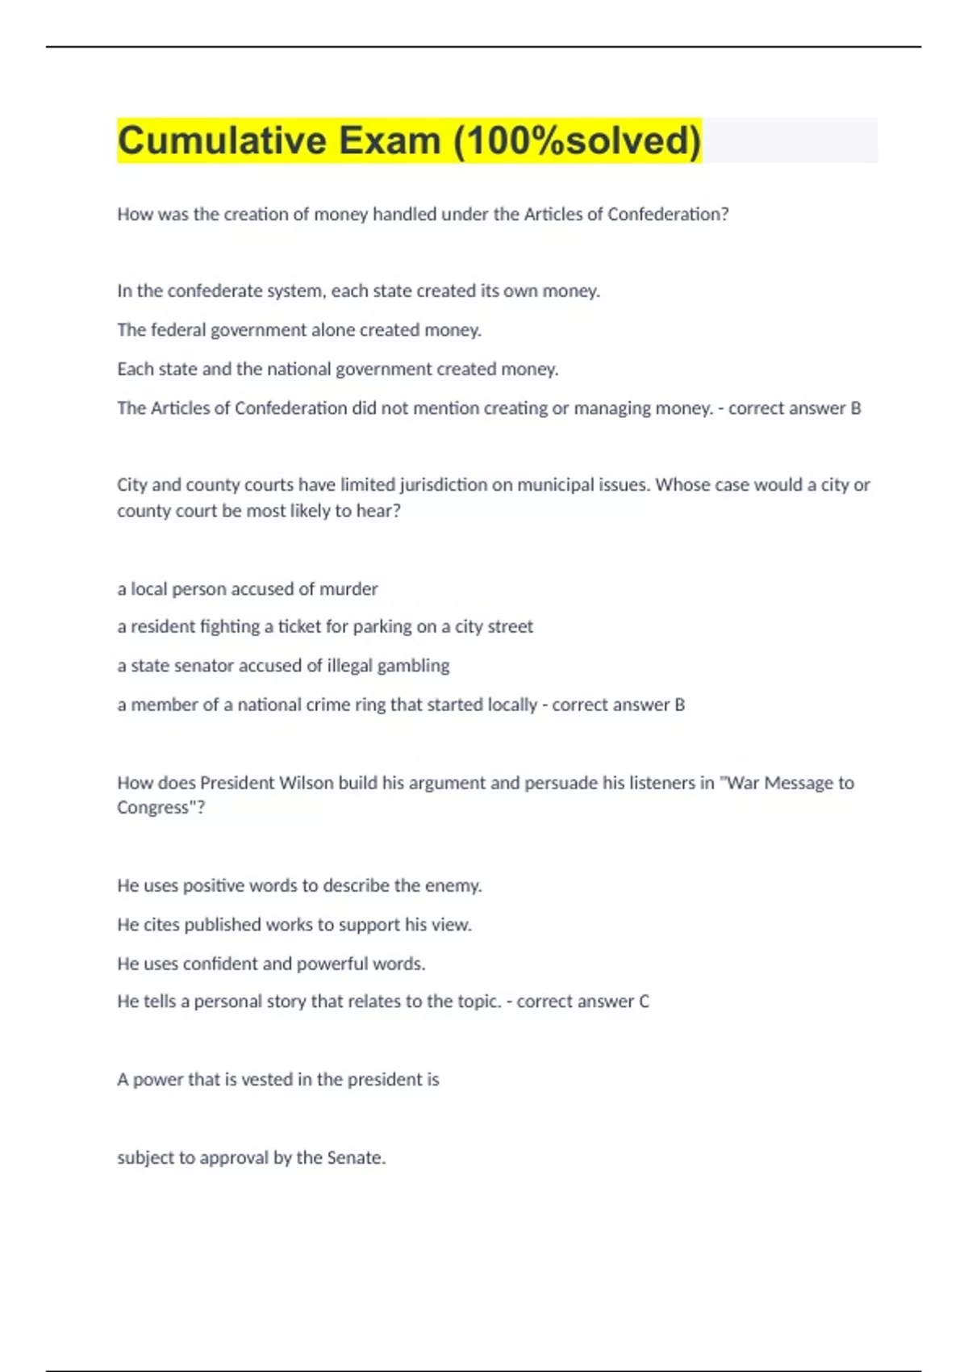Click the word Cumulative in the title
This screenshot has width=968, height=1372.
[222, 140]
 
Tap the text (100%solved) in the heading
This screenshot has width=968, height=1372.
[577, 140]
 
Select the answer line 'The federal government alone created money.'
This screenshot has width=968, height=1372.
[299, 330]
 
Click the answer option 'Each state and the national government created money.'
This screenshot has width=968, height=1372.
[338, 369]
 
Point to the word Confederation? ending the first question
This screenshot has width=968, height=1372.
[668, 215]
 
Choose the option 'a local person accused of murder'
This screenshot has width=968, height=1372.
[248, 589]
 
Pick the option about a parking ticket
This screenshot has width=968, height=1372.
[325, 627]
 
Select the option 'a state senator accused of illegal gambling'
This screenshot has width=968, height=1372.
[283, 666]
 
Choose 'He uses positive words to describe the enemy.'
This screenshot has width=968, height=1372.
[299, 886]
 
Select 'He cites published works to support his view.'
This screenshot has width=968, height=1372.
[294, 925]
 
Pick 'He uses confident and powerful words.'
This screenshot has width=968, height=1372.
[271, 964]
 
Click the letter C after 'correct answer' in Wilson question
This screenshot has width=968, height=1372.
[644, 1002]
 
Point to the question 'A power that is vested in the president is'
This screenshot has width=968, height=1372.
[278, 1080]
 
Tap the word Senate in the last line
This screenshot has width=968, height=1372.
[355, 1158]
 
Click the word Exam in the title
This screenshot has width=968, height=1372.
[390, 140]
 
